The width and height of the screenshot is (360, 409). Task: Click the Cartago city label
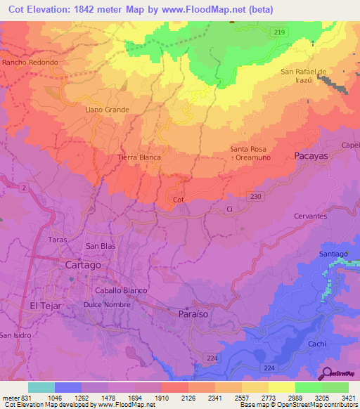click(83, 266)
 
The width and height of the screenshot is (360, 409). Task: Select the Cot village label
click(179, 200)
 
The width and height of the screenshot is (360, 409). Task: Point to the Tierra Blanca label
click(139, 157)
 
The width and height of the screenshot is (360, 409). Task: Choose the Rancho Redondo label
click(30, 63)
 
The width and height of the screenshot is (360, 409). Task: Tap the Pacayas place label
click(311, 156)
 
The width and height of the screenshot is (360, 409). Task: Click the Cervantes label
click(310, 216)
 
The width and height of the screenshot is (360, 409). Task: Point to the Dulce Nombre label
click(103, 304)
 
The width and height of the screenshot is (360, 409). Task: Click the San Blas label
click(100, 246)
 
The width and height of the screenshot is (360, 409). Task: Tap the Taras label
click(58, 239)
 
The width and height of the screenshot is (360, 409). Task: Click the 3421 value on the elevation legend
click(348, 397)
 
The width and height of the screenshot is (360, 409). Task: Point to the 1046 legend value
click(55, 397)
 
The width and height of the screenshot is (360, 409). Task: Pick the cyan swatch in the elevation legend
click(41, 387)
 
